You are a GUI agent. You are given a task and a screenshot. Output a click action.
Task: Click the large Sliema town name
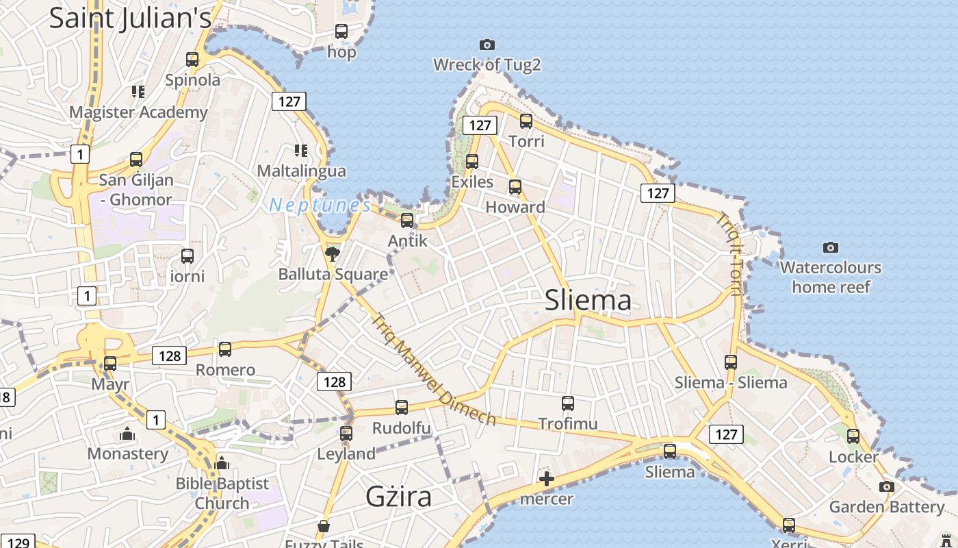point(588,300)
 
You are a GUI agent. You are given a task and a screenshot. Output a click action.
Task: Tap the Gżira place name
point(398,497)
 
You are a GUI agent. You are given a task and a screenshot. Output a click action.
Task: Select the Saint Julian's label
point(130,18)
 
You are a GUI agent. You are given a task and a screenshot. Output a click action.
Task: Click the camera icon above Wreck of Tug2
point(487,45)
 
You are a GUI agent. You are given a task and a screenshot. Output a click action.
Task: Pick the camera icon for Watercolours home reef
point(830,247)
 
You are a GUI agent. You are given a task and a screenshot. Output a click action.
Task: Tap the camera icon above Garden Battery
point(886,486)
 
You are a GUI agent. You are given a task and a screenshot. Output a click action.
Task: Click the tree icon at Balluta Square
point(333,255)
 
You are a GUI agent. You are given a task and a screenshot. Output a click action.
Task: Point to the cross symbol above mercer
point(547,479)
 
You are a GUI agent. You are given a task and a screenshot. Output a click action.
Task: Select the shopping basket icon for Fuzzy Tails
point(324,527)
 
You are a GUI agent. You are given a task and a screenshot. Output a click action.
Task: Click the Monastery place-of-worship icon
point(127,434)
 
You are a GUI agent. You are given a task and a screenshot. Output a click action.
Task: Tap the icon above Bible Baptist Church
point(221,464)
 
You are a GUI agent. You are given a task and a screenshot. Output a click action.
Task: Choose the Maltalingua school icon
point(300,150)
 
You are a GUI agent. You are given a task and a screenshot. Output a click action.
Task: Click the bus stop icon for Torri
point(526,121)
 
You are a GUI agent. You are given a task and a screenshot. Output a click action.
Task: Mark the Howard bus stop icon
point(515,186)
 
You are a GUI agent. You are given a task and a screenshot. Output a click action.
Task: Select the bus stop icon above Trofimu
point(567,403)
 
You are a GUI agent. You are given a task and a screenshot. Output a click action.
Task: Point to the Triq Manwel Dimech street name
point(433,369)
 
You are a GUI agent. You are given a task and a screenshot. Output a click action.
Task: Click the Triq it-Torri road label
point(729,254)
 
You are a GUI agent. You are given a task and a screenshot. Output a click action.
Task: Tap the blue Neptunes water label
point(320,206)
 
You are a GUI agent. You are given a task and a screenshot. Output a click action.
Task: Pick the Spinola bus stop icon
point(192,60)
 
